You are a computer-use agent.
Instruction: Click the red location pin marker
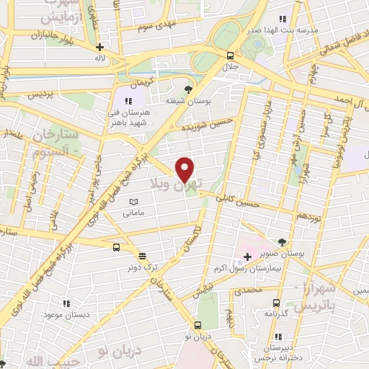point(185,169)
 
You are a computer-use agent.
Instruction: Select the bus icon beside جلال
point(230,55)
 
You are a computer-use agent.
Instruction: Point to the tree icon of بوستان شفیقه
point(188,89)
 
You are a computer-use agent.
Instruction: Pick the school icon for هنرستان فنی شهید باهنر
point(128,101)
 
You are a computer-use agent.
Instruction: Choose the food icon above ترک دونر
point(142,256)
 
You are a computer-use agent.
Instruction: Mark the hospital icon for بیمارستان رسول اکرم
point(247,257)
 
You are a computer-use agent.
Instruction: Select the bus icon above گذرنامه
point(276,303)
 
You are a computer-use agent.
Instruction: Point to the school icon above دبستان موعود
point(67,303)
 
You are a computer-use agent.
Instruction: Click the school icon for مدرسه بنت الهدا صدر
point(283,19)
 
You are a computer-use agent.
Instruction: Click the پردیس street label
point(40,94)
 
